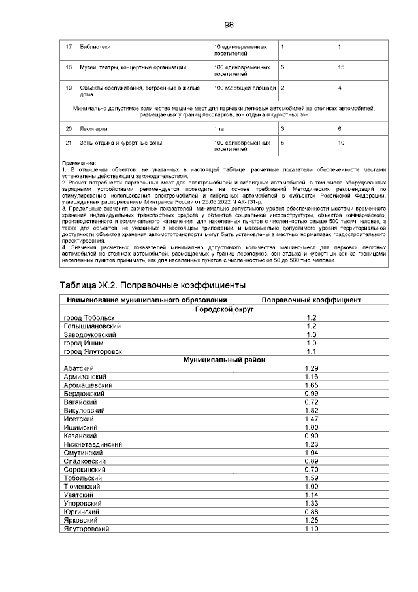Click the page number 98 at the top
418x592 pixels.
[x=229, y=25]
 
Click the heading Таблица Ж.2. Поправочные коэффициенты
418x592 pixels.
[x=152, y=286]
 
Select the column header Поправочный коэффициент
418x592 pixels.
[x=311, y=300]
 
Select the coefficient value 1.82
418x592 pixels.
[x=311, y=411]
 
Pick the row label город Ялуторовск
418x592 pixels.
[x=93, y=351]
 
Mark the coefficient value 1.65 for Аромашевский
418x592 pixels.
[x=311, y=385]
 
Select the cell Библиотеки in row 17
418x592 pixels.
[x=95, y=48]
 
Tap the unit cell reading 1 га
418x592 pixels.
[x=219, y=129]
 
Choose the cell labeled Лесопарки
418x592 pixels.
[x=93, y=129]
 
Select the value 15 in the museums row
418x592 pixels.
[x=341, y=66]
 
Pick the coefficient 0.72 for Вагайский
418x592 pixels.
[x=311, y=402]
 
